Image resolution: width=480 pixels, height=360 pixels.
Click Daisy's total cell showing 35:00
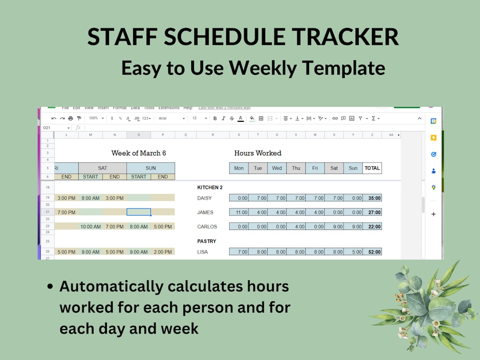coord(372,198)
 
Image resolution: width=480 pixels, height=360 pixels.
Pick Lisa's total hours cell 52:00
coord(372,252)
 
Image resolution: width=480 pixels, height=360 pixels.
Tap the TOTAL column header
coord(372,168)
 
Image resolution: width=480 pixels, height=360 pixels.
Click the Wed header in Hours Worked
coord(277,168)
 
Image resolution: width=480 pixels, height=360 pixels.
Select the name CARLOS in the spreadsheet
coord(207,227)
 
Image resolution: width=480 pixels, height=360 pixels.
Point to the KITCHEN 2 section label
coord(210,187)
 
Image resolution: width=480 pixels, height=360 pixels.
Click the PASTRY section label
coord(207,241)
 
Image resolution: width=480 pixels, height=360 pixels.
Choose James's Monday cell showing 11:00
coord(239,213)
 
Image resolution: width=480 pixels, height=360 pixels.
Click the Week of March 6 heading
coord(139,153)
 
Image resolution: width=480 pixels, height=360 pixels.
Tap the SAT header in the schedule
coord(102,168)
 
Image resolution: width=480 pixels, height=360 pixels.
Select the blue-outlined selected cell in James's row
coord(139,212)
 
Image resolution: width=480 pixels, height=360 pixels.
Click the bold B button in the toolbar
coord(215,118)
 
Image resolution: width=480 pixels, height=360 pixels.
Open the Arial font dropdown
coord(171,118)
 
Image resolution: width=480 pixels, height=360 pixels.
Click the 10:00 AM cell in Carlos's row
coord(91,227)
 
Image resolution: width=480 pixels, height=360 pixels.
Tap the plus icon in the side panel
coord(433,214)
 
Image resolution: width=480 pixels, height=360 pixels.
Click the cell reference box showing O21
coord(56,128)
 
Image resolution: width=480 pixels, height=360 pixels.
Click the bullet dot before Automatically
coord(51,287)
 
